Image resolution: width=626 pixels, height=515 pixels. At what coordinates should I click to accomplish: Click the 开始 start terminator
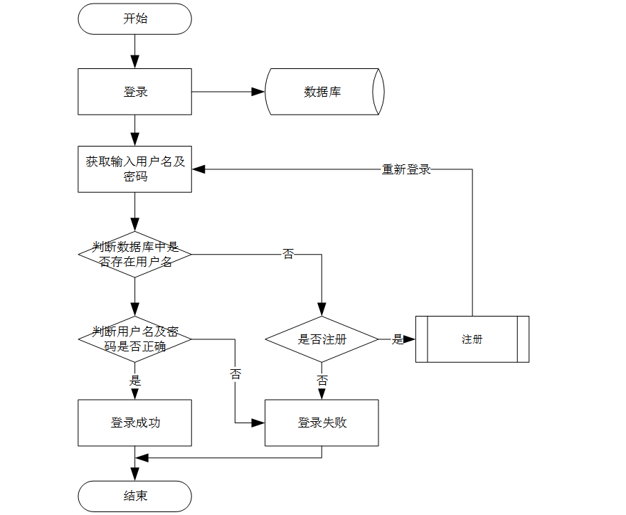point(134,18)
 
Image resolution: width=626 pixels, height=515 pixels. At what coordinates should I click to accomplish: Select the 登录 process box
point(134,92)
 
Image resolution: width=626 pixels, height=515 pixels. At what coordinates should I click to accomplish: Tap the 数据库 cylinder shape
point(324,92)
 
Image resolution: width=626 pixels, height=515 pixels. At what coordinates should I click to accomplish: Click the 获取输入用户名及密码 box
point(134,169)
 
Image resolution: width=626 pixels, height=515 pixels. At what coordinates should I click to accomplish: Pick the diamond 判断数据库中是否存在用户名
point(134,254)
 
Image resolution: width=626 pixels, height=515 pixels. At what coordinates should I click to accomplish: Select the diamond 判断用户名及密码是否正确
point(134,339)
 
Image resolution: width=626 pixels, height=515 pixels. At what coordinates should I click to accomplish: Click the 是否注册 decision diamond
point(322,339)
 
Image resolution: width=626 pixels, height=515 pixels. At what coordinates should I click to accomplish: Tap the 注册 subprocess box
point(472,339)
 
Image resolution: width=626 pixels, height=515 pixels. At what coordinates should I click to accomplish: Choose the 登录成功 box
point(134,423)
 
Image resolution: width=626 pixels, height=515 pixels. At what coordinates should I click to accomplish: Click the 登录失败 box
point(322,423)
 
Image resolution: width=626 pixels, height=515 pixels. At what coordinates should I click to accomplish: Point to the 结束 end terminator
point(134,496)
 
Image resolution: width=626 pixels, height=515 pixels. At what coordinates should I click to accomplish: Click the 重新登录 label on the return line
point(406,169)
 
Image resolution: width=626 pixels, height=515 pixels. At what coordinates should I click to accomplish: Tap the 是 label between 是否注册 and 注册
point(397,339)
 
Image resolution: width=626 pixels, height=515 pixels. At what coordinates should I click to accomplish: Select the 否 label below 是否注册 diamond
point(322,381)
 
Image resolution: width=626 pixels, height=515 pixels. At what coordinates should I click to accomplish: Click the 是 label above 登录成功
point(134,381)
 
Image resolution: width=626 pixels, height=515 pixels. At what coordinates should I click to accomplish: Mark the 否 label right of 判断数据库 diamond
point(287,254)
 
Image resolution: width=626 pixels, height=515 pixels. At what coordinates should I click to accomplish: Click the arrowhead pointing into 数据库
point(258,92)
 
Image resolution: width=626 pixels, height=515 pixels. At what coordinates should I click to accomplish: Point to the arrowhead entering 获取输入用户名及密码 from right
point(198,169)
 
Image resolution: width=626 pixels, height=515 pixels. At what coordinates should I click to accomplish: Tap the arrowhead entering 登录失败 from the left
point(258,423)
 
